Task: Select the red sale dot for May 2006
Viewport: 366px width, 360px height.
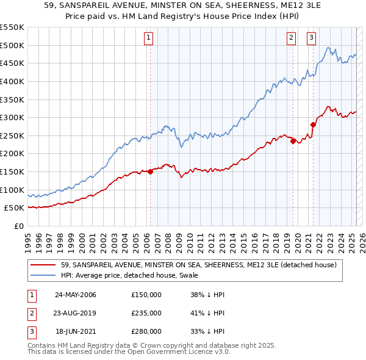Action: click(x=150, y=171)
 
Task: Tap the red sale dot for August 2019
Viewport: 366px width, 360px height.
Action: click(x=293, y=141)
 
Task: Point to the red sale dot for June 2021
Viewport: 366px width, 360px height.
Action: click(x=313, y=124)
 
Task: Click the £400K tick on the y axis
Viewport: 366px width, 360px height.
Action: click(x=13, y=81)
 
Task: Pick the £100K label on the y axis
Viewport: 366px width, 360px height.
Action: click(x=13, y=190)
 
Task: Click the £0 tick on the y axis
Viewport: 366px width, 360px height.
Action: click(x=18, y=226)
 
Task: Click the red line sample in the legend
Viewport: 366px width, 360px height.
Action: click(x=43, y=265)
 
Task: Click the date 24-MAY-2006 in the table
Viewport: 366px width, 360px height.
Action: click(x=75, y=295)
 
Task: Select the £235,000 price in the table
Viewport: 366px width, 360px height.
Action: click(x=146, y=313)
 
